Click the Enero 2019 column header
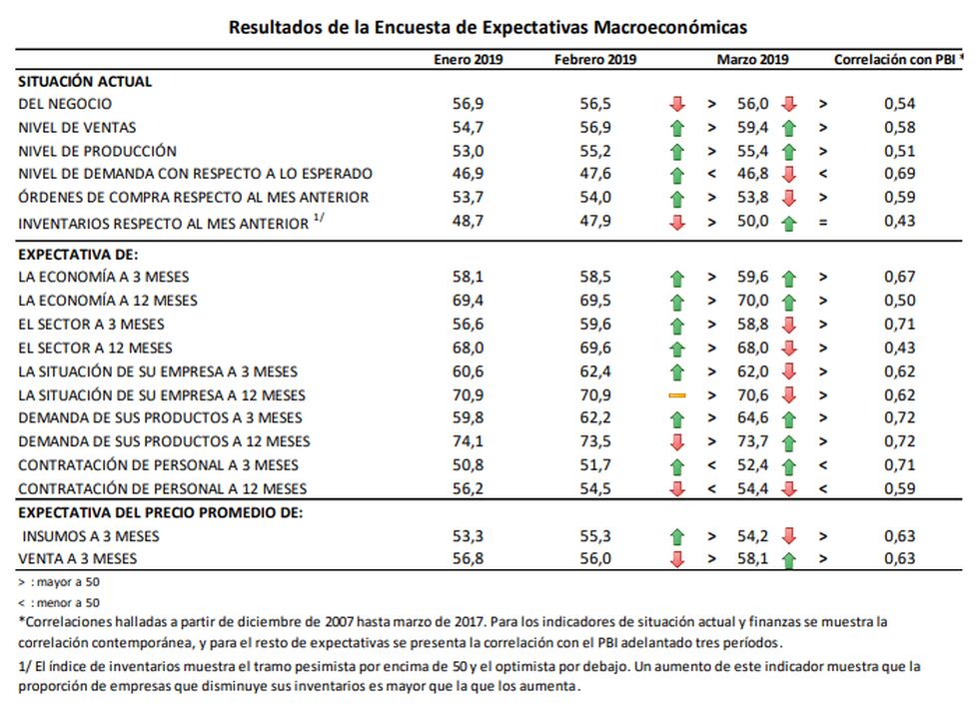point(469,59)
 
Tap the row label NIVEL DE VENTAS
point(78,128)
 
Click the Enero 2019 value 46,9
point(469,175)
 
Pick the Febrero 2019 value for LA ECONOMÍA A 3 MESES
point(596,278)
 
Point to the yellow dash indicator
point(677,395)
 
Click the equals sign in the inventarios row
point(823,222)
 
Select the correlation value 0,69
point(899,175)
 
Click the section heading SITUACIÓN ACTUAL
point(85,82)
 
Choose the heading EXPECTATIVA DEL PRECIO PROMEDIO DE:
point(160,513)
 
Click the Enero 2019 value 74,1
point(469,442)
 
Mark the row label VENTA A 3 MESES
point(78,559)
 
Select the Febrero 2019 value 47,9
point(596,222)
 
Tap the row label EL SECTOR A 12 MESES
point(95,349)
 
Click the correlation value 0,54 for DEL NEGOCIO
point(899,104)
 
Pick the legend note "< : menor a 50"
point(59,602)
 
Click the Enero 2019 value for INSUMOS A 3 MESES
point(469,536)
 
